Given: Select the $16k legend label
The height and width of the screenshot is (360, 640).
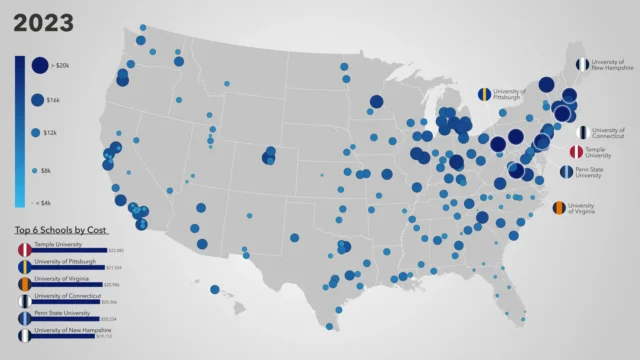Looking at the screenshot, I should pyautogui.click(x=53, y=100).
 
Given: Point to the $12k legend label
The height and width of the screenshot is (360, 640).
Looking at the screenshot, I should pyautogui.click(x=52, y=132).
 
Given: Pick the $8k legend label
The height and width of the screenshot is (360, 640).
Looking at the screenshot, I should pyautogui.click(x=51, y=171).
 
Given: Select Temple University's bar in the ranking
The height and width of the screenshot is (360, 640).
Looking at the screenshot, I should pyautogui.click(x=70, y=250).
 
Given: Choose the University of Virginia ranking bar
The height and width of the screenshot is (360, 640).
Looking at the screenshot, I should pyautogui.click(x=66, y=285).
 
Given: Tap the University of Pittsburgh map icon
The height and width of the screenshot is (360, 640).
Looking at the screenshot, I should pyautogui.click(x=483, y=95).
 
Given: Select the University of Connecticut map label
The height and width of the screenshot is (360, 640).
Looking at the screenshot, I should pyautogui.click(x=608, y=133).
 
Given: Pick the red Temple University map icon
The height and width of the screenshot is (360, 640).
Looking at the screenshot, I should pyautogui.click(x=576, y=152).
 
